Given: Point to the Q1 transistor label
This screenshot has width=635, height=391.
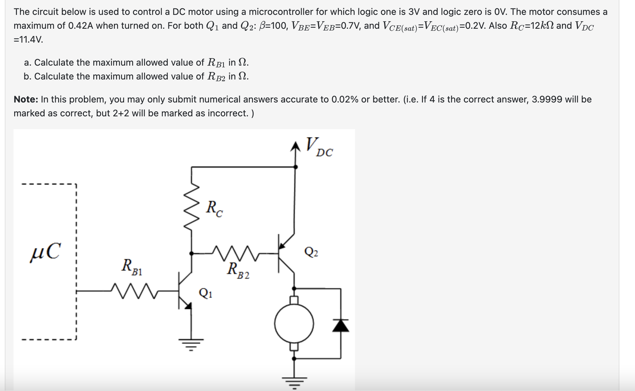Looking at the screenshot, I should click(x=206, y=293).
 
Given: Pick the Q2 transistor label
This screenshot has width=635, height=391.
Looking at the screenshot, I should click(x=311, y=252).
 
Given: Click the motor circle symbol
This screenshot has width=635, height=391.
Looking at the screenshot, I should click(x=294, y=323).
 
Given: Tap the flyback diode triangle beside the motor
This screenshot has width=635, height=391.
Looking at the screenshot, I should click(x=340, y=325).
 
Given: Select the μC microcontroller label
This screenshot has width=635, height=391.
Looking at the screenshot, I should click(x=46, y=252).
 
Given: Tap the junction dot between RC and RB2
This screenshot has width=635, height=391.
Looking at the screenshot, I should click(x=191, y=253).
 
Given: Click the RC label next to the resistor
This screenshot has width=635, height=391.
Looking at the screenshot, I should click(x=214, y=208).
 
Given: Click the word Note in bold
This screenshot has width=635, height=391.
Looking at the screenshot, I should click(x=26, y=99).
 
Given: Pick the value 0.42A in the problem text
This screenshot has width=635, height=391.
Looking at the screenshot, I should click(x=80, y=26).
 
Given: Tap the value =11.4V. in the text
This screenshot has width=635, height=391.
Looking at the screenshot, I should click(x=28, y=40).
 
